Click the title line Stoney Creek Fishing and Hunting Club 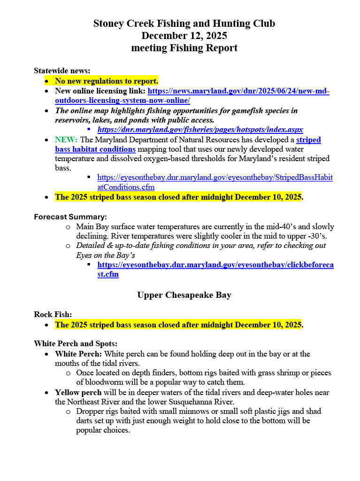(x=184, y=23)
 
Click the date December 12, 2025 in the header (x=184, y=36)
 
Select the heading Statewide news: (x=62, y=70)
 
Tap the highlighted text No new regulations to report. (x=107, y=81)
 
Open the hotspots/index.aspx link (x=200, y=129)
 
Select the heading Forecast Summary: (x=70, y=217)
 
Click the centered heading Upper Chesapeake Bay (x=184, y=295)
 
